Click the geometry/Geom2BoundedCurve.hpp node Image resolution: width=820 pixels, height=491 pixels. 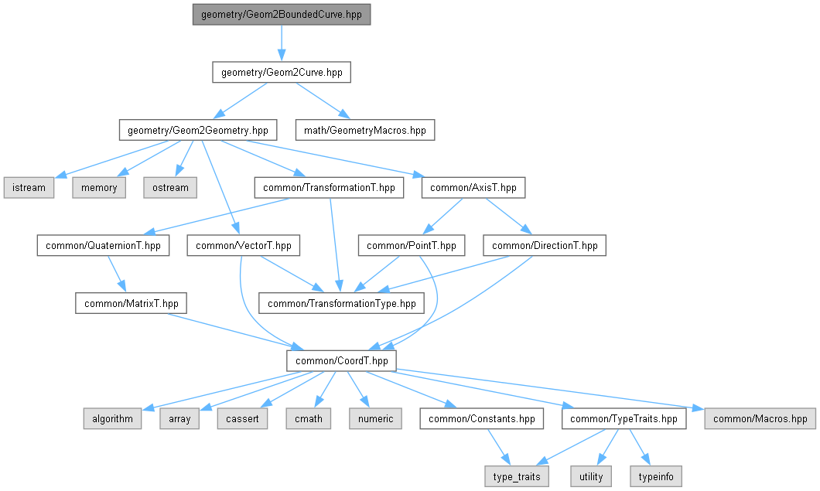(x=282, y=15)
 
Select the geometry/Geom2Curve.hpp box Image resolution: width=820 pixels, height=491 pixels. (x=282, y=73)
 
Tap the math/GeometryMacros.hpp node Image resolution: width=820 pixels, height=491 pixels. (x=365, y=130)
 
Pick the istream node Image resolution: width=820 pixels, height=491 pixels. (x=29, y=187)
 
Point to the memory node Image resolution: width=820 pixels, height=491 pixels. (x=99, y=187)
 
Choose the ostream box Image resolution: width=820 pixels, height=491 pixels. (x=169, y=187)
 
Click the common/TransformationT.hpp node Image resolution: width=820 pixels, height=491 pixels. (x=329, y=187)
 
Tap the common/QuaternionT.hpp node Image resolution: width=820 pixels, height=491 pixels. (x=102, y=246)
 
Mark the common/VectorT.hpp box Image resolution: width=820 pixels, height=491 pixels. (x=244, y=246)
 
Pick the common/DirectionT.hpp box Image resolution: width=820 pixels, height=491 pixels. (x=545, y=246)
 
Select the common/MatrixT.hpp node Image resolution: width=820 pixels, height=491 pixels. (x=132, y=303)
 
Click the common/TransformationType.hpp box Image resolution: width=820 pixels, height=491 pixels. (x=341, y=303)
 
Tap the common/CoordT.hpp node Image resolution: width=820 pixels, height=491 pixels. (x=341, y=361)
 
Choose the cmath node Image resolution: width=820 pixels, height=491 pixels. (x=308, y=419)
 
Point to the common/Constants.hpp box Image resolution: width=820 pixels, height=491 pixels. (x=481, y=419)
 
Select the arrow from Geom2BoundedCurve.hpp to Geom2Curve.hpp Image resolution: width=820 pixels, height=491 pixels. (x=282, y=43)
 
